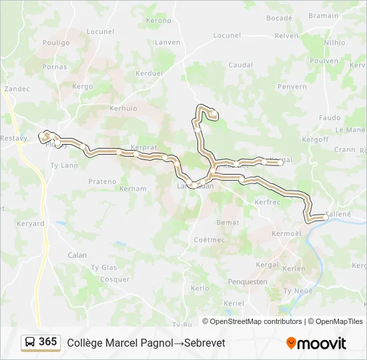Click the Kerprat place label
point(144,147)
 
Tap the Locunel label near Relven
point(227,35)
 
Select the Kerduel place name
point(149,73)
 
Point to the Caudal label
point(240,65)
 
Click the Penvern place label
point(292,87)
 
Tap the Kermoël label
point(287,233)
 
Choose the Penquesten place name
point(248,282)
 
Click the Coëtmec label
point(209,239)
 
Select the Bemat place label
point(228,222)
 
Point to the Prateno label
point(102,181)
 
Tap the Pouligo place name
point(56,43)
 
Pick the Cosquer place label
point(114,279)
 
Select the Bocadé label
point(279,18)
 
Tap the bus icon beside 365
point(30,343)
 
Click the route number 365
point(48,342)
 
